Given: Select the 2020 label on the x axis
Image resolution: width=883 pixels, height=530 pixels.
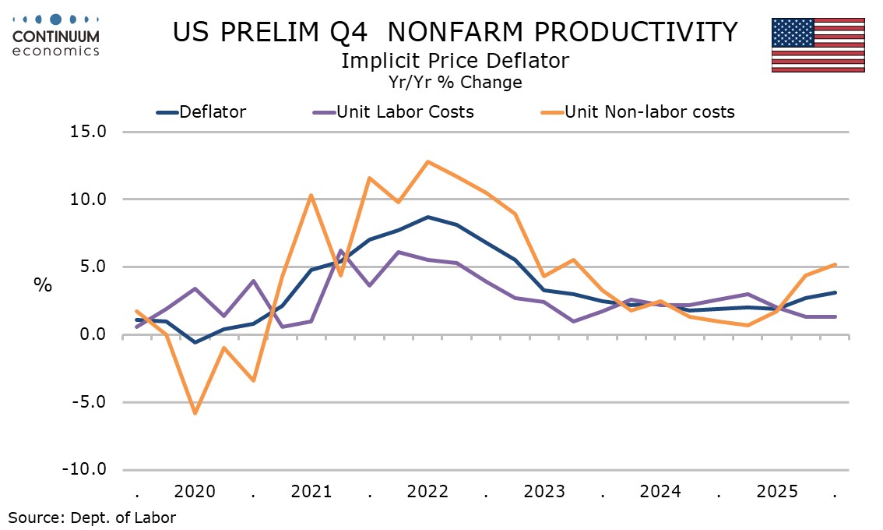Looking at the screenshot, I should (195, 492).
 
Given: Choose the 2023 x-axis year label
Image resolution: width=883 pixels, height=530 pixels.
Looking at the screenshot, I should (544, 492).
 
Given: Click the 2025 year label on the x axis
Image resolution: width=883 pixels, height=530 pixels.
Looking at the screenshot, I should (777, 492).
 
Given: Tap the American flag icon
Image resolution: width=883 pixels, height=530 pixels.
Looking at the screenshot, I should (818, 44).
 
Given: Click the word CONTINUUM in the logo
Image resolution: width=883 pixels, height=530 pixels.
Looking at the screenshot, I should (56, 37).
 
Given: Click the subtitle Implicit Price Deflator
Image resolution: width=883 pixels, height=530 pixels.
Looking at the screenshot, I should (455, 60).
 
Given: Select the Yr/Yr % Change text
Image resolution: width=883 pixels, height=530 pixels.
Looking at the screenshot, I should (455, 81).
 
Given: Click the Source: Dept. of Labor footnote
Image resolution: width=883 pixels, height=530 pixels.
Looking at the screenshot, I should (92, 517).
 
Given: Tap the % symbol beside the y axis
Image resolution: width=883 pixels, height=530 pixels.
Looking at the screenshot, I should (42, 284).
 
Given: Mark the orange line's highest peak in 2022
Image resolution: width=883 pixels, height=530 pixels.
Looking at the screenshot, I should (427, 161).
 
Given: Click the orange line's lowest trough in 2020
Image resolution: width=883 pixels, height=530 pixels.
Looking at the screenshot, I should (195, 413).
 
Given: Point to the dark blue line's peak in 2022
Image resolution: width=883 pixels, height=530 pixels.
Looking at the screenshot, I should (427, 217).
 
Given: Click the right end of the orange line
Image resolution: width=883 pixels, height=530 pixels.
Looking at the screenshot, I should (836, 264).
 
